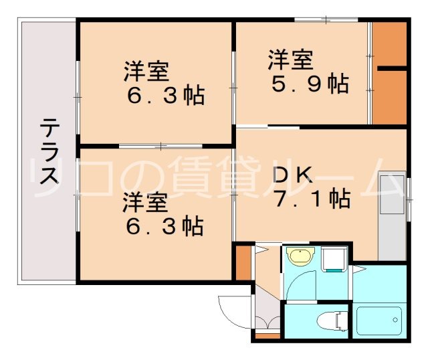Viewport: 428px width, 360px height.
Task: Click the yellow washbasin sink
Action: (300, 256)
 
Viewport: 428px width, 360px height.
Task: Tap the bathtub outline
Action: (379, 321)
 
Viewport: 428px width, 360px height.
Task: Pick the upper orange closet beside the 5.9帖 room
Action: (389, 44)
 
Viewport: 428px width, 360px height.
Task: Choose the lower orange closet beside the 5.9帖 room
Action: (389, 97)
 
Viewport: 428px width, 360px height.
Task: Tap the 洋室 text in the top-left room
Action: (144, 71)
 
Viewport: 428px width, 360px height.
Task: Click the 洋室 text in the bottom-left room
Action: (144, 201)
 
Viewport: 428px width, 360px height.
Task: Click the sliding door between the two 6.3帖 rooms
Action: (160, 145)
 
